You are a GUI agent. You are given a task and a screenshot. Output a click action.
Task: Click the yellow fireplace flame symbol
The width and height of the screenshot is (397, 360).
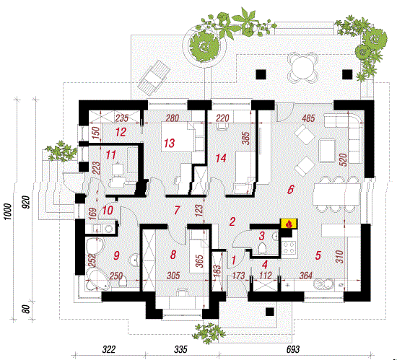[289, 224]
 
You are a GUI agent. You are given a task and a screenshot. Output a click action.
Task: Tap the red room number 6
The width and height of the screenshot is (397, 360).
[291, 189]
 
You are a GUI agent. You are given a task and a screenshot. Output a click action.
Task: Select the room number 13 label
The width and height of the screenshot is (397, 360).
[169, 143]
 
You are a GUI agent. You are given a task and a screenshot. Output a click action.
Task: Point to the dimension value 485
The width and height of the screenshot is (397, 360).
[308, 118]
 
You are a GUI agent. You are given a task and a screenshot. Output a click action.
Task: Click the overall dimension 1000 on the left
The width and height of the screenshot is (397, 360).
[8, 211]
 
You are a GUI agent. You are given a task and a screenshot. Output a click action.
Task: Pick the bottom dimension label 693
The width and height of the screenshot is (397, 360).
[292, 350]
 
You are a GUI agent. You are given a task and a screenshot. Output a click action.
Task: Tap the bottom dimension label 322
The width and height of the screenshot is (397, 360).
[109, 350]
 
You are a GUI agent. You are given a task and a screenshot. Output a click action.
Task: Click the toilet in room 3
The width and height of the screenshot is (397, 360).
[262, 248]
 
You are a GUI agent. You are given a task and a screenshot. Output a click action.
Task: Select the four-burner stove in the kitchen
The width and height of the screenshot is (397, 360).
[289, 247]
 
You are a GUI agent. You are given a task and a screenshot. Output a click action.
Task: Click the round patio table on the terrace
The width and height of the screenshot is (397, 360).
[303, 68]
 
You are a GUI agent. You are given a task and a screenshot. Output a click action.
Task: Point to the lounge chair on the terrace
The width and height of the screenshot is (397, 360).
[154, 78]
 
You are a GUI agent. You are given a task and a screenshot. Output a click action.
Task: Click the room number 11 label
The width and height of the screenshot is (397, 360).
[110, 155]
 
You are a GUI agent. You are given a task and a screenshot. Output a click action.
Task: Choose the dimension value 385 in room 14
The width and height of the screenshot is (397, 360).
[246, 139]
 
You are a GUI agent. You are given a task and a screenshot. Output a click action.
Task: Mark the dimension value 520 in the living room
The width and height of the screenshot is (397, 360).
[344, 160]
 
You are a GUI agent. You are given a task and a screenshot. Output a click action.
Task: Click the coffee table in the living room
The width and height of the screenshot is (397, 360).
[327, 150]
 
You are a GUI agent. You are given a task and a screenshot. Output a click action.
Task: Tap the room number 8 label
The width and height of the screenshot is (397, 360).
[173, 255]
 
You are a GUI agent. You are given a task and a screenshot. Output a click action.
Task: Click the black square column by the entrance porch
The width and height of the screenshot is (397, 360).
[270, 312]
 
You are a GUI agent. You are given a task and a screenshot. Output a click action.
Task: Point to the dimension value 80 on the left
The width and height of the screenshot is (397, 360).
[26, 309]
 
